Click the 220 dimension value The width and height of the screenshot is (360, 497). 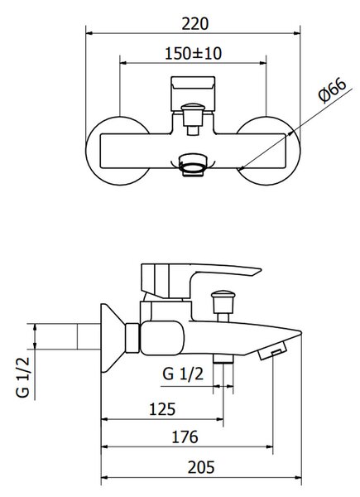[195, 24]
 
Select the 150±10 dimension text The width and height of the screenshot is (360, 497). [193, 53]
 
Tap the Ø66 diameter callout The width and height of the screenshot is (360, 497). [333, 90]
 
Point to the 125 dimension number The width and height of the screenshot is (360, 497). [162, 409]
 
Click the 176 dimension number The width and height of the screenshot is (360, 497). [185, 437]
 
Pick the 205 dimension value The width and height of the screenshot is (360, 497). [201, 467]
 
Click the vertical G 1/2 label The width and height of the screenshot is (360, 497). [23, 377]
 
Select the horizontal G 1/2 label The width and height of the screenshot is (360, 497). [183, 374]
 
